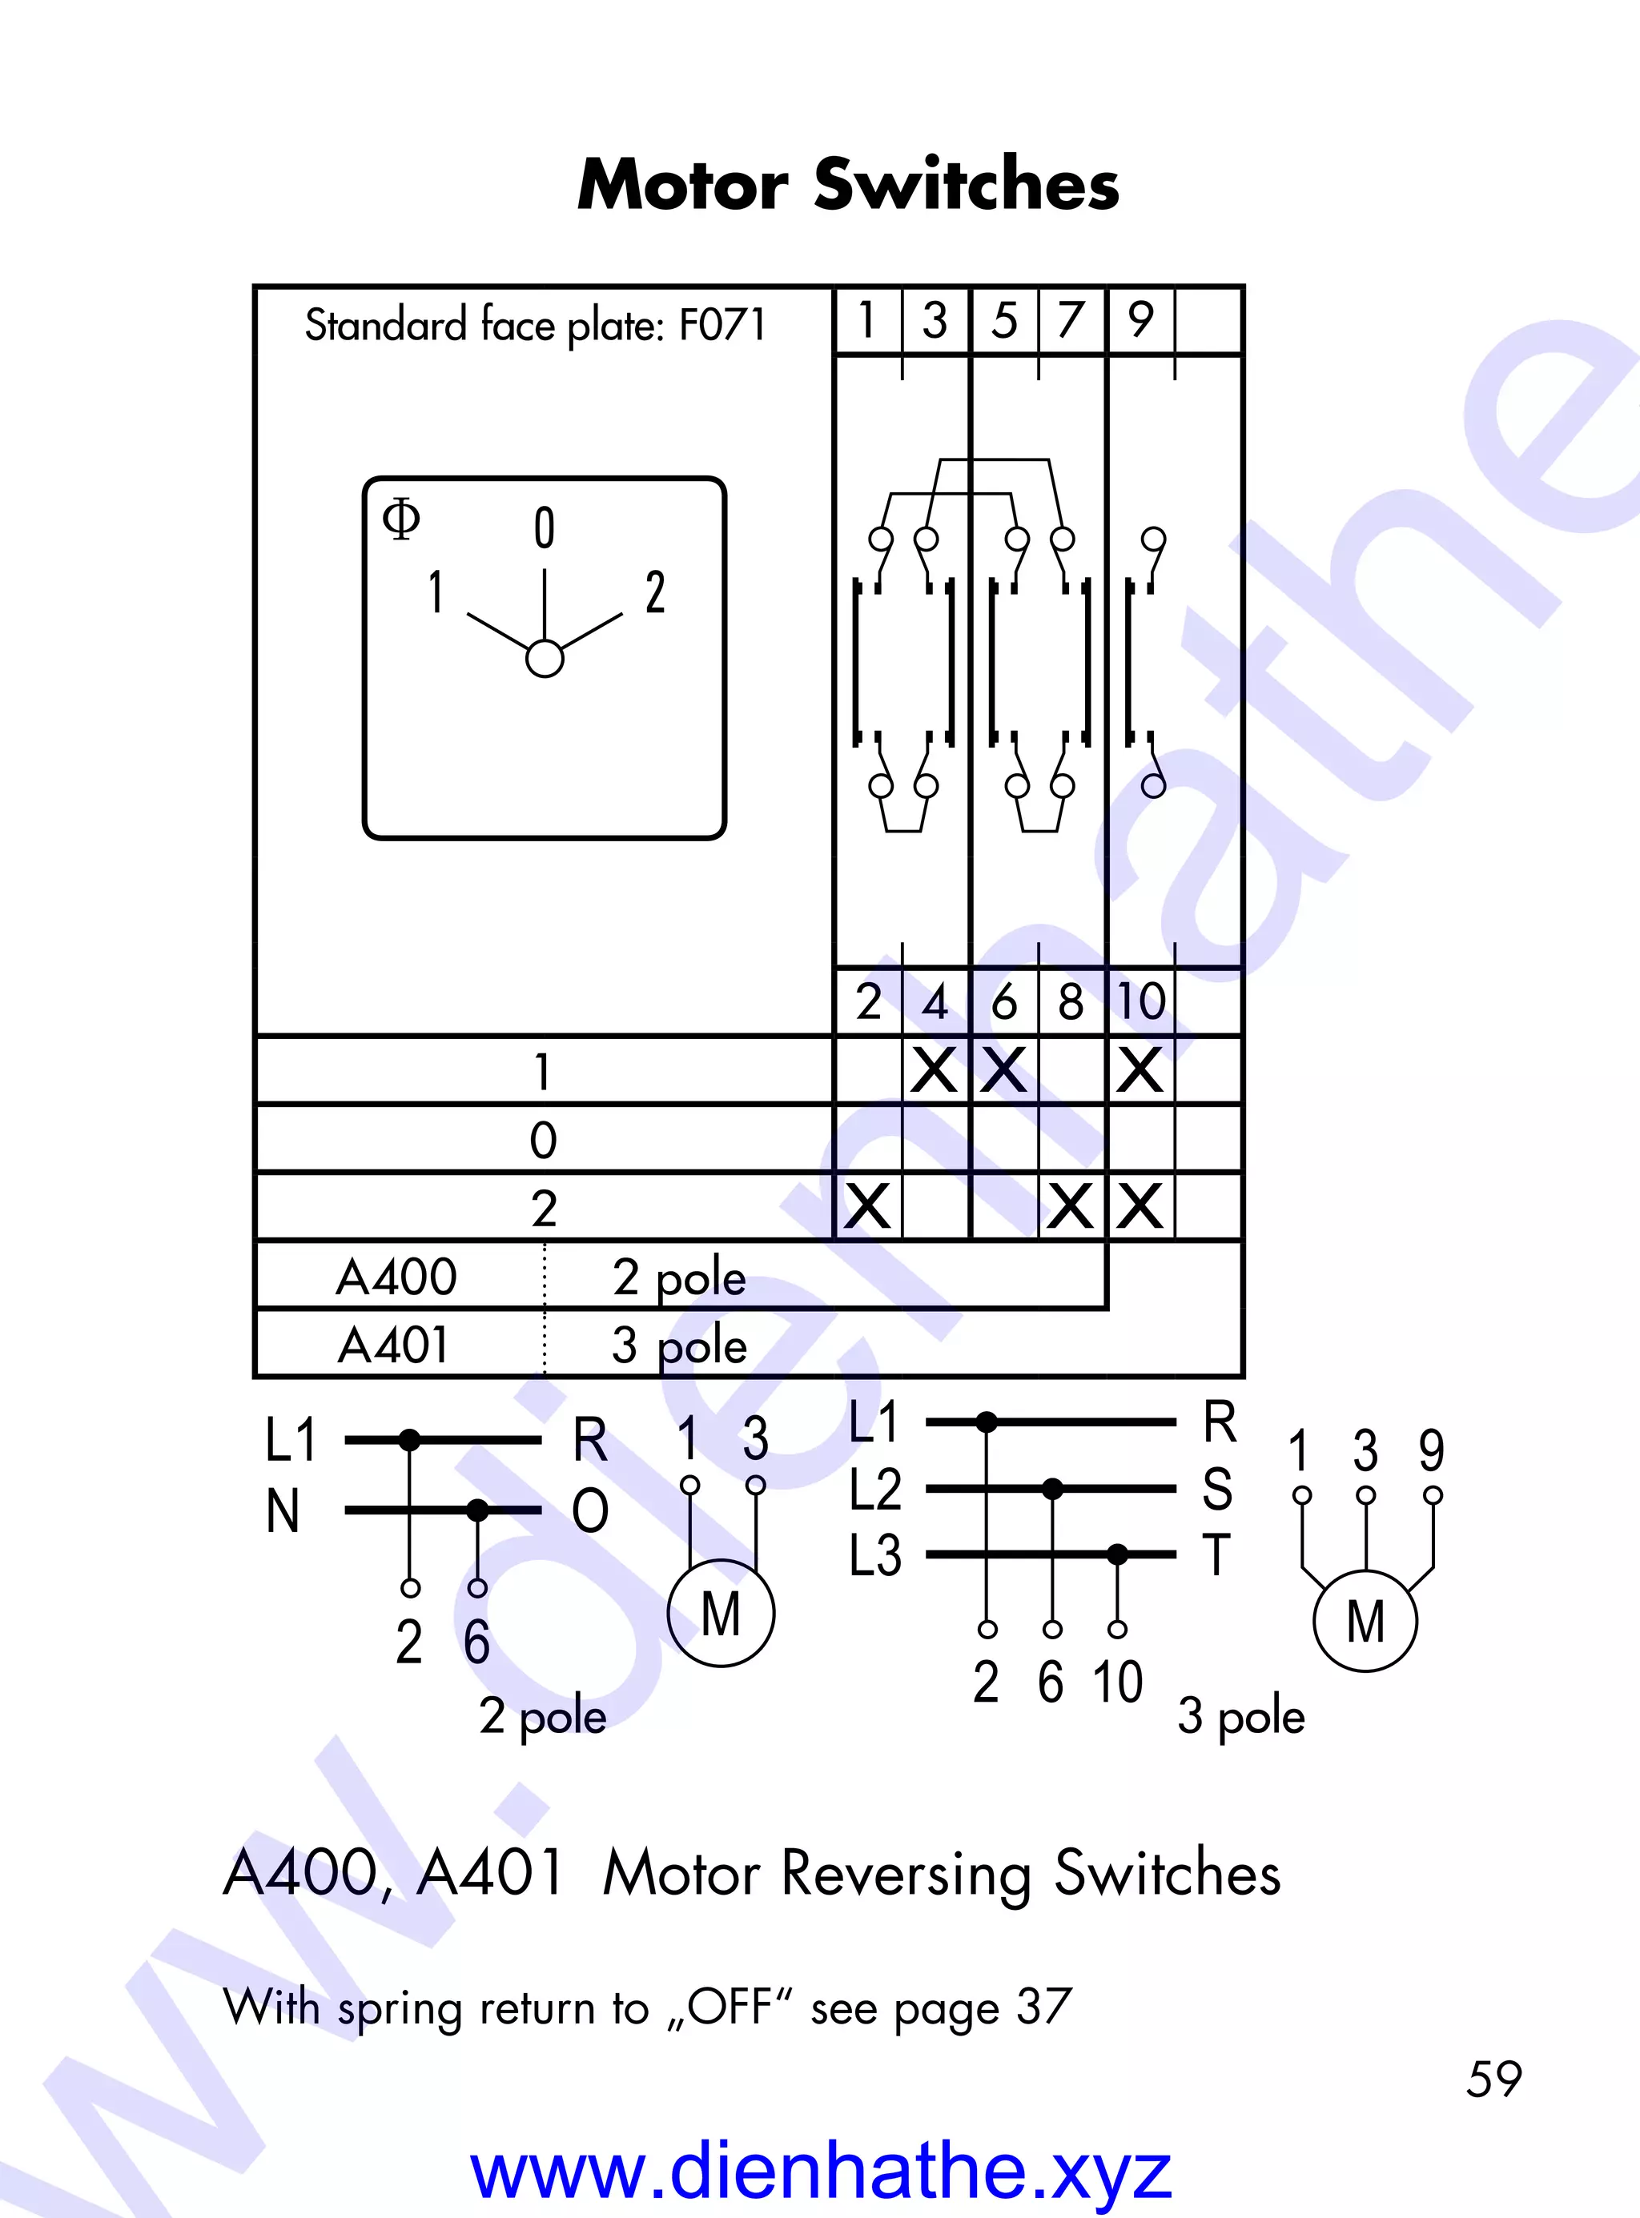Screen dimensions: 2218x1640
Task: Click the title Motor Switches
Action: (848, 185)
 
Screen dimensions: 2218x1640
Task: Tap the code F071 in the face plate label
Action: (722, 324)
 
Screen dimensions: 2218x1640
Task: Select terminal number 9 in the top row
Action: (1140, 319)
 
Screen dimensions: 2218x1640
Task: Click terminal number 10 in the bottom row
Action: (1140, 1001)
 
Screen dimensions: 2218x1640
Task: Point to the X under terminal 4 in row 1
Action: (935, 1071)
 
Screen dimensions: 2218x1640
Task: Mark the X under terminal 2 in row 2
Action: (868, 1207)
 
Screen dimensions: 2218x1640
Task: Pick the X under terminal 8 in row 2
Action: (1071, 1207)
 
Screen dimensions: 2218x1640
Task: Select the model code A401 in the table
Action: (393, 1345)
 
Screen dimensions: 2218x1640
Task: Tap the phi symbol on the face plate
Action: (401, 518)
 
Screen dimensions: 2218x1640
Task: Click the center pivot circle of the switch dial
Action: (544, 658)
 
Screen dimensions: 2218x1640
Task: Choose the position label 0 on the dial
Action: (544, 528)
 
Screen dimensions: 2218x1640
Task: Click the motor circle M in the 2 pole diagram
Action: (721, 1613)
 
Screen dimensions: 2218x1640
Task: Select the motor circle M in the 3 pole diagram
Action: (1365, 1622)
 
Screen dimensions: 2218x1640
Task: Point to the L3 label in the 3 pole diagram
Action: (874, 1555)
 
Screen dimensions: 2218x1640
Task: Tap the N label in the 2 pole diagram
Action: (283, 1511)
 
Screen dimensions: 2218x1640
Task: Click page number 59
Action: (1493, 2079)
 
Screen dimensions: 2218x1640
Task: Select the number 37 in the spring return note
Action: (1043, 2007)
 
